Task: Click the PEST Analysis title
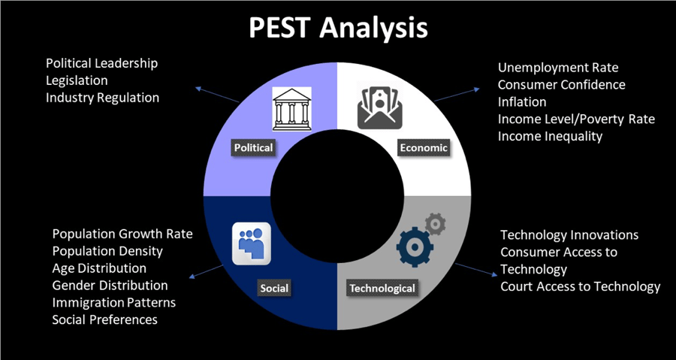coord(337,27)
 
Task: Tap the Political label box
coord(253,147)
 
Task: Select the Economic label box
coord(423,147)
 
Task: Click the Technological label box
coord(382,288)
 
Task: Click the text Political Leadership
coord(101,64)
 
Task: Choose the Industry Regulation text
coord(102,98)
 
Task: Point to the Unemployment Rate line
coord(558,68)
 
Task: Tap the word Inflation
coord(522,102)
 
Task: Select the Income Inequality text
coord(550,136)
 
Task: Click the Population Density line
coord(107,251)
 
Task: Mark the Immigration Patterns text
coord(113,303)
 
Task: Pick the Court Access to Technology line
coord(580,286)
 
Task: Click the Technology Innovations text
coord(569,235)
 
